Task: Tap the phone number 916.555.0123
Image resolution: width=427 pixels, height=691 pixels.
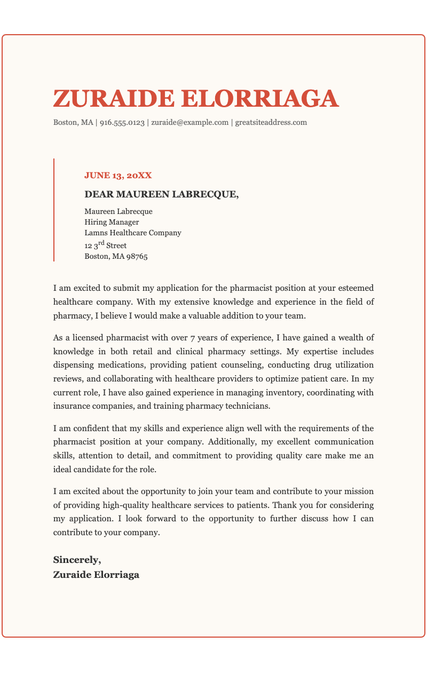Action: pos(122,122)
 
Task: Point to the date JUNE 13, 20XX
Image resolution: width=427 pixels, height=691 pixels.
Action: pos(118,175)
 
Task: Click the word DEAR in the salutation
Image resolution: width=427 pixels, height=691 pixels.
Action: pos(97,194)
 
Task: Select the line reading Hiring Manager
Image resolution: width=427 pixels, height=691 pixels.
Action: pos(112,222)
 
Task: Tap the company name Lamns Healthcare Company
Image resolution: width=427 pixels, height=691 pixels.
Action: pos(133,233)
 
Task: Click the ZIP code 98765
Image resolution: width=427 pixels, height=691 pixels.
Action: pos(137,256)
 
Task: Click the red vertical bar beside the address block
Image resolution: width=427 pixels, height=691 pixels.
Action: pos(54,210)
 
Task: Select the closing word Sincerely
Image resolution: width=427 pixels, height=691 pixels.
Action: pos(76,560)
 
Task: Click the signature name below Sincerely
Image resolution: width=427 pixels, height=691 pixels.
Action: pos(96,575)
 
